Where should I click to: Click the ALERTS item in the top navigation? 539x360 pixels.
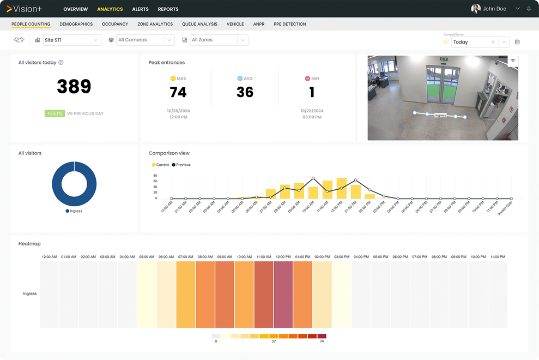click(x=140, y=9)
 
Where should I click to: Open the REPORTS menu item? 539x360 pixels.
click(x=168, y=9)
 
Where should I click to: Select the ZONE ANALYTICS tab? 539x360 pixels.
click(x=155, y=24)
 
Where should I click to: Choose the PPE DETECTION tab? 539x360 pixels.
click(x=289, y=24)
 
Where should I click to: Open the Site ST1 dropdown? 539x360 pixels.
click(x=72, y=40)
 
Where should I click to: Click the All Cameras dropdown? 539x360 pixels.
click(x=146, y=40)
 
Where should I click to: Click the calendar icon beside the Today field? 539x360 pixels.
click(x=517, y=42)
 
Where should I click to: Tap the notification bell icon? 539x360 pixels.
click(x=529, y=9)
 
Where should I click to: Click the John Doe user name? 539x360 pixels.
click(x=494, y=9)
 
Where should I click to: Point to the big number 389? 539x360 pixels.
click(x=74, y=86)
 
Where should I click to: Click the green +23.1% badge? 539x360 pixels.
click(x=55, y=113)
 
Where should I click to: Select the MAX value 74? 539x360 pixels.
click(x=178, y=92)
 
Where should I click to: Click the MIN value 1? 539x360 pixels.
click(x=312, y=92)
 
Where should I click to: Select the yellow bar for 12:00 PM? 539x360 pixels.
click(x=342, y=188)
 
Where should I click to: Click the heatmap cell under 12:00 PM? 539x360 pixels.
click(x=283, y=294)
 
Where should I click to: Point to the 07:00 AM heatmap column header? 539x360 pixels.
click(x=186, y=256)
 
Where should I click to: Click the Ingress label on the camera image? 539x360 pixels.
click(x=440, y=116)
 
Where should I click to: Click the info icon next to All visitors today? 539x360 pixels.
click(x=61, y=63)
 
